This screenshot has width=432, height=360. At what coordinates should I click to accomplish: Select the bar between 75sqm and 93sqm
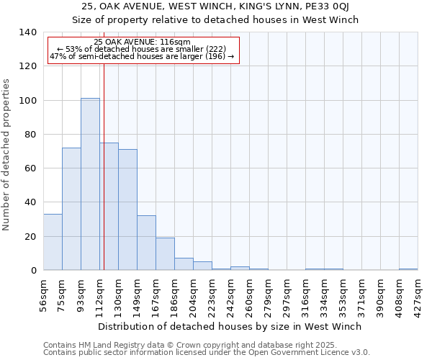(71, 209)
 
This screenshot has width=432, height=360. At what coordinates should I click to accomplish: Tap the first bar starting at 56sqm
(53, 242)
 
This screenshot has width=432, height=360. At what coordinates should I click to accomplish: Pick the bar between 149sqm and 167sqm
(146, 243)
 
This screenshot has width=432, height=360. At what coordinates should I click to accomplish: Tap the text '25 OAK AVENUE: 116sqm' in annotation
(142, 42)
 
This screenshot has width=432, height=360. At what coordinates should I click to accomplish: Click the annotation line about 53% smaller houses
(142, 49)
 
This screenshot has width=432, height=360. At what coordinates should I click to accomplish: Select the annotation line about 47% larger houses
(142, 56)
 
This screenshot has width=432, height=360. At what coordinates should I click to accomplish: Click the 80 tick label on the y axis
(30, 135)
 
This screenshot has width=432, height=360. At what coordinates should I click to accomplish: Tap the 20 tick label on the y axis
(30, 237)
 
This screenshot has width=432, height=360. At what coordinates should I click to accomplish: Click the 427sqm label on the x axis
(418, 294)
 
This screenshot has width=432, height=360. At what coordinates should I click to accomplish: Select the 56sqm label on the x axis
(43, 294)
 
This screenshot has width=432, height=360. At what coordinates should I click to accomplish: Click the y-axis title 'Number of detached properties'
(6, 155)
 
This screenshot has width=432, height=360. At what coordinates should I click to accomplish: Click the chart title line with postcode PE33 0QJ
(215, 7)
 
